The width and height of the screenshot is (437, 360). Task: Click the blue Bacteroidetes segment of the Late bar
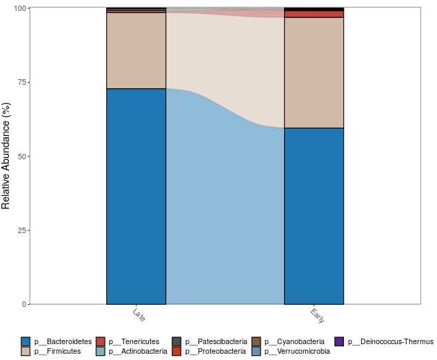pyautogui.click(x=136, y=197)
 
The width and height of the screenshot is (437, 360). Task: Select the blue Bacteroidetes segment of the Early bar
pyautogui.click(x=314, y=216)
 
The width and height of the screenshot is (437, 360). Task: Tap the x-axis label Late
pyautogui.click(x=138, y=314)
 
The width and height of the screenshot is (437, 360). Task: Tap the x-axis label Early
pyautogui.click(x=318, y=316)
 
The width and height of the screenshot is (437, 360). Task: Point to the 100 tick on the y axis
pyautogui.click(x=19, y=8)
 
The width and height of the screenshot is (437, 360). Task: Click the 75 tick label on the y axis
pyautogui.click(x=21, y=82)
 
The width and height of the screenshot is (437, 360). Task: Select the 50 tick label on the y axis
pyautogui.click(x=21, y=157)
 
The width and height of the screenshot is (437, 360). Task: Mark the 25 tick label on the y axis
pyautogui.click(x=21, y=230)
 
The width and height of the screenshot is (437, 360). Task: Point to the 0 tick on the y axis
pyautogui.click(x=23, y=304)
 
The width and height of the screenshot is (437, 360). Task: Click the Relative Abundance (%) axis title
pyautogui.click(x=6, y=156)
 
